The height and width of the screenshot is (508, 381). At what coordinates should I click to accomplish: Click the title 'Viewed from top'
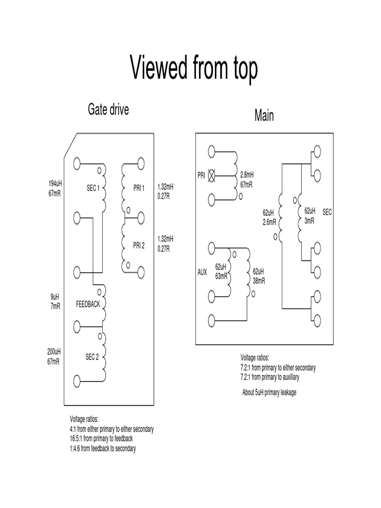pos(194,68)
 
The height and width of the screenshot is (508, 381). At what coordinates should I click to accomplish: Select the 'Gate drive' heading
pos(108,109)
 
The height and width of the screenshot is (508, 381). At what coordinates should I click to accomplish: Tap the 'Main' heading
pos(264,116)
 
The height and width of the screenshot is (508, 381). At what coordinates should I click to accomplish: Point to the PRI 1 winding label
pos(139,188)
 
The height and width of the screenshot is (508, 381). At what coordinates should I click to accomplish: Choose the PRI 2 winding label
pos(139,245)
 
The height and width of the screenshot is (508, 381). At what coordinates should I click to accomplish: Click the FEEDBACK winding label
pos(88,304)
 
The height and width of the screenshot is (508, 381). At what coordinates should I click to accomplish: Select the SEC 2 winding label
pos(92,357)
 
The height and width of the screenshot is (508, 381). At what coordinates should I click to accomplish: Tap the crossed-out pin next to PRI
pos(212,175)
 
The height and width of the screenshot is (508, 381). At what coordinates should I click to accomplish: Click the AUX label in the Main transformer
pos(202,272)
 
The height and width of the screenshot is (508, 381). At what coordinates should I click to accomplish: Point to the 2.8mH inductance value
pos(247,175)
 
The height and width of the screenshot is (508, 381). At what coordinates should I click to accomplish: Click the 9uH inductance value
pos(55,297)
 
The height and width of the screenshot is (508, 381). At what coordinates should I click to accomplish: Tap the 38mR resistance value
pos(258,280)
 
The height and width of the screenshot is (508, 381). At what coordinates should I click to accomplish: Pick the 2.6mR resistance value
pos(269,222)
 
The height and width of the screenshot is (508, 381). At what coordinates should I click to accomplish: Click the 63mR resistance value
pos(221,276)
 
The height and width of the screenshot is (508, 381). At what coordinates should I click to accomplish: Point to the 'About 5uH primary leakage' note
pos(269,393)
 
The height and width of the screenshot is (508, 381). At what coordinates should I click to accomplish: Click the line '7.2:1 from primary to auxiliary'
pos(270,377)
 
